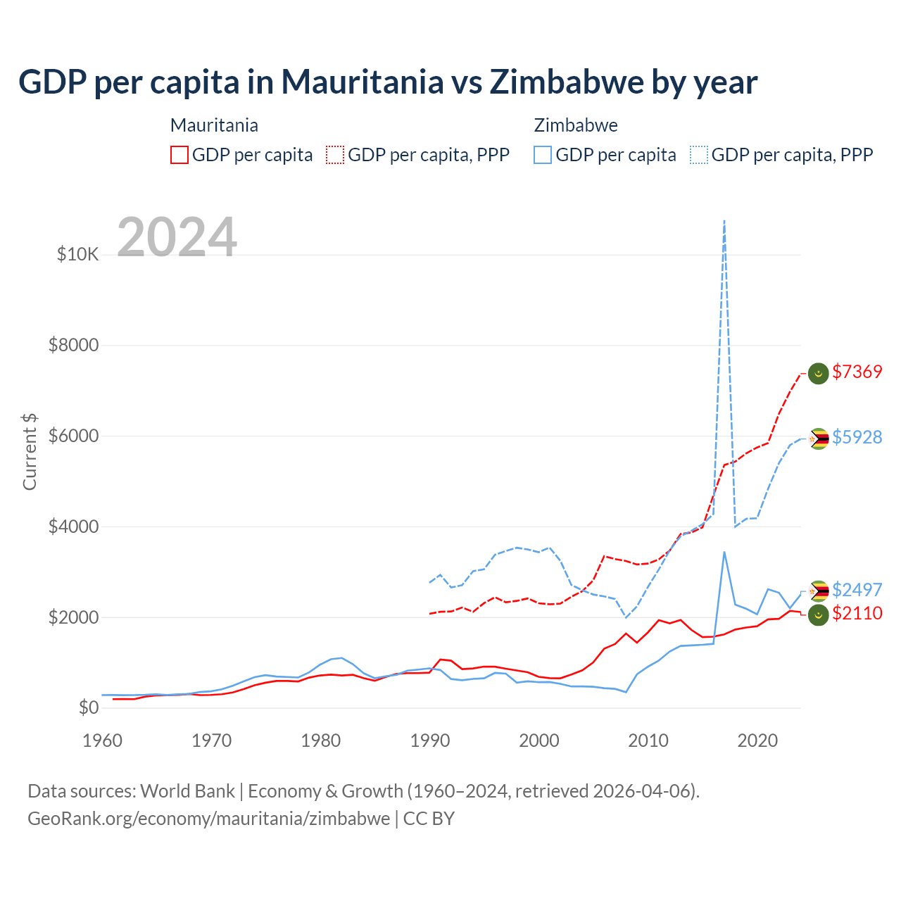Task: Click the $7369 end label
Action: pyautogui.click(x=857, y=372)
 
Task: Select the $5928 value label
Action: pyautogui.click(x=857, y=437)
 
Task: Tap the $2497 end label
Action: pyautogui.click(x=857, y=590)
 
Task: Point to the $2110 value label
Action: pyautogui.click(x=857, y=613)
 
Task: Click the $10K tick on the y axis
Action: pyautogui.click(x=78, y=254)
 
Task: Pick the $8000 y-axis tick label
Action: pyautogui.click(x=73, y=345)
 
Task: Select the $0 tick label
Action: pyautogui.click(x=88, y=707)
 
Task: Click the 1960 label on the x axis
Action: pyautogui.click(x=103, y=741)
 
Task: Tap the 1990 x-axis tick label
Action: pyautogui.click(x=430, y=741)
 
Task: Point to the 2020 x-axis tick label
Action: pyautogui.click(x=757, y=741)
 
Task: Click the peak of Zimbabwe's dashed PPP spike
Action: pyautogui.click(x=724, y=221)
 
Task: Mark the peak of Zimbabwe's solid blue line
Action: pyautogui.click(x=724, y=552)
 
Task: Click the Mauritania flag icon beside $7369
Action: pyautogui.click(x=818, y=373)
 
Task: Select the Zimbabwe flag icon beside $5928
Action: pyautogui.click(x=818, y=439)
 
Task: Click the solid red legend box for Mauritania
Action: pyautogui.click(x=179, y=155)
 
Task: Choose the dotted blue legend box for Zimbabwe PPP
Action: pyautogui.click(x=699, y=155)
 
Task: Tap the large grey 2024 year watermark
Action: pyautogui.click(x=177, y=237)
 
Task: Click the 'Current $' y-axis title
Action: pyautogui.click(x=30, y=452)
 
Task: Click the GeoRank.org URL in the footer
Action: pyautogui.click(x=209, y=819)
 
